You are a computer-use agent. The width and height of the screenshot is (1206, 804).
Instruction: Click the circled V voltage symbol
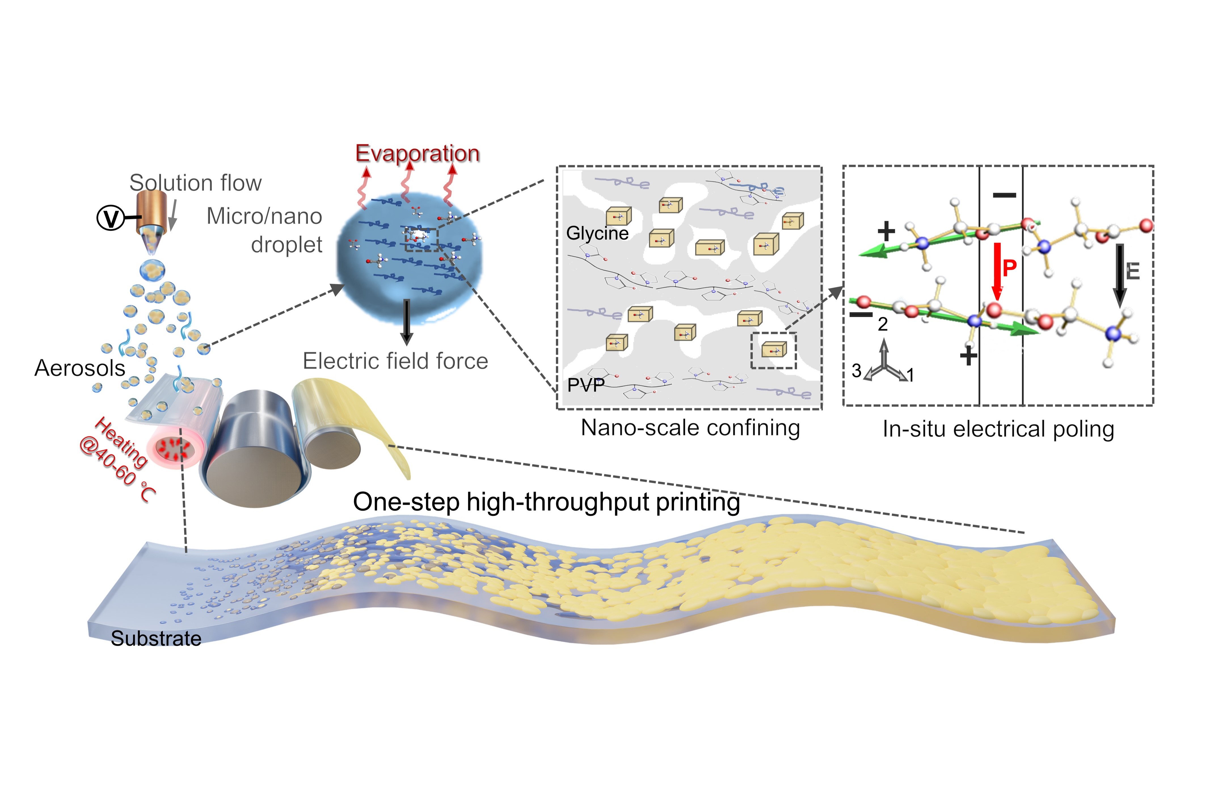tap(110, 218)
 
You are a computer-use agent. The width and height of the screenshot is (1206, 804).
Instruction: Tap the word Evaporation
tap(418, 153)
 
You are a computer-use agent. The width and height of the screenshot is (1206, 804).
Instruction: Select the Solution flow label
tap(195, 183)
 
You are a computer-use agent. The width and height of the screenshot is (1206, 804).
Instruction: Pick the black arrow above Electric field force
tap(407, 322)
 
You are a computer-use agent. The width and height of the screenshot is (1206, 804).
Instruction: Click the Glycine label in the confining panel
tap(597, 233)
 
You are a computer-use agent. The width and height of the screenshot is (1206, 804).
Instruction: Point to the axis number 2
tap(882, 324)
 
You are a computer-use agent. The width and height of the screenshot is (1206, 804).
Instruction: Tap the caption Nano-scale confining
tap(690, 428)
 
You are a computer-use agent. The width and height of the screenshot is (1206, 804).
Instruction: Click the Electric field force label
tap(395, 361)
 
